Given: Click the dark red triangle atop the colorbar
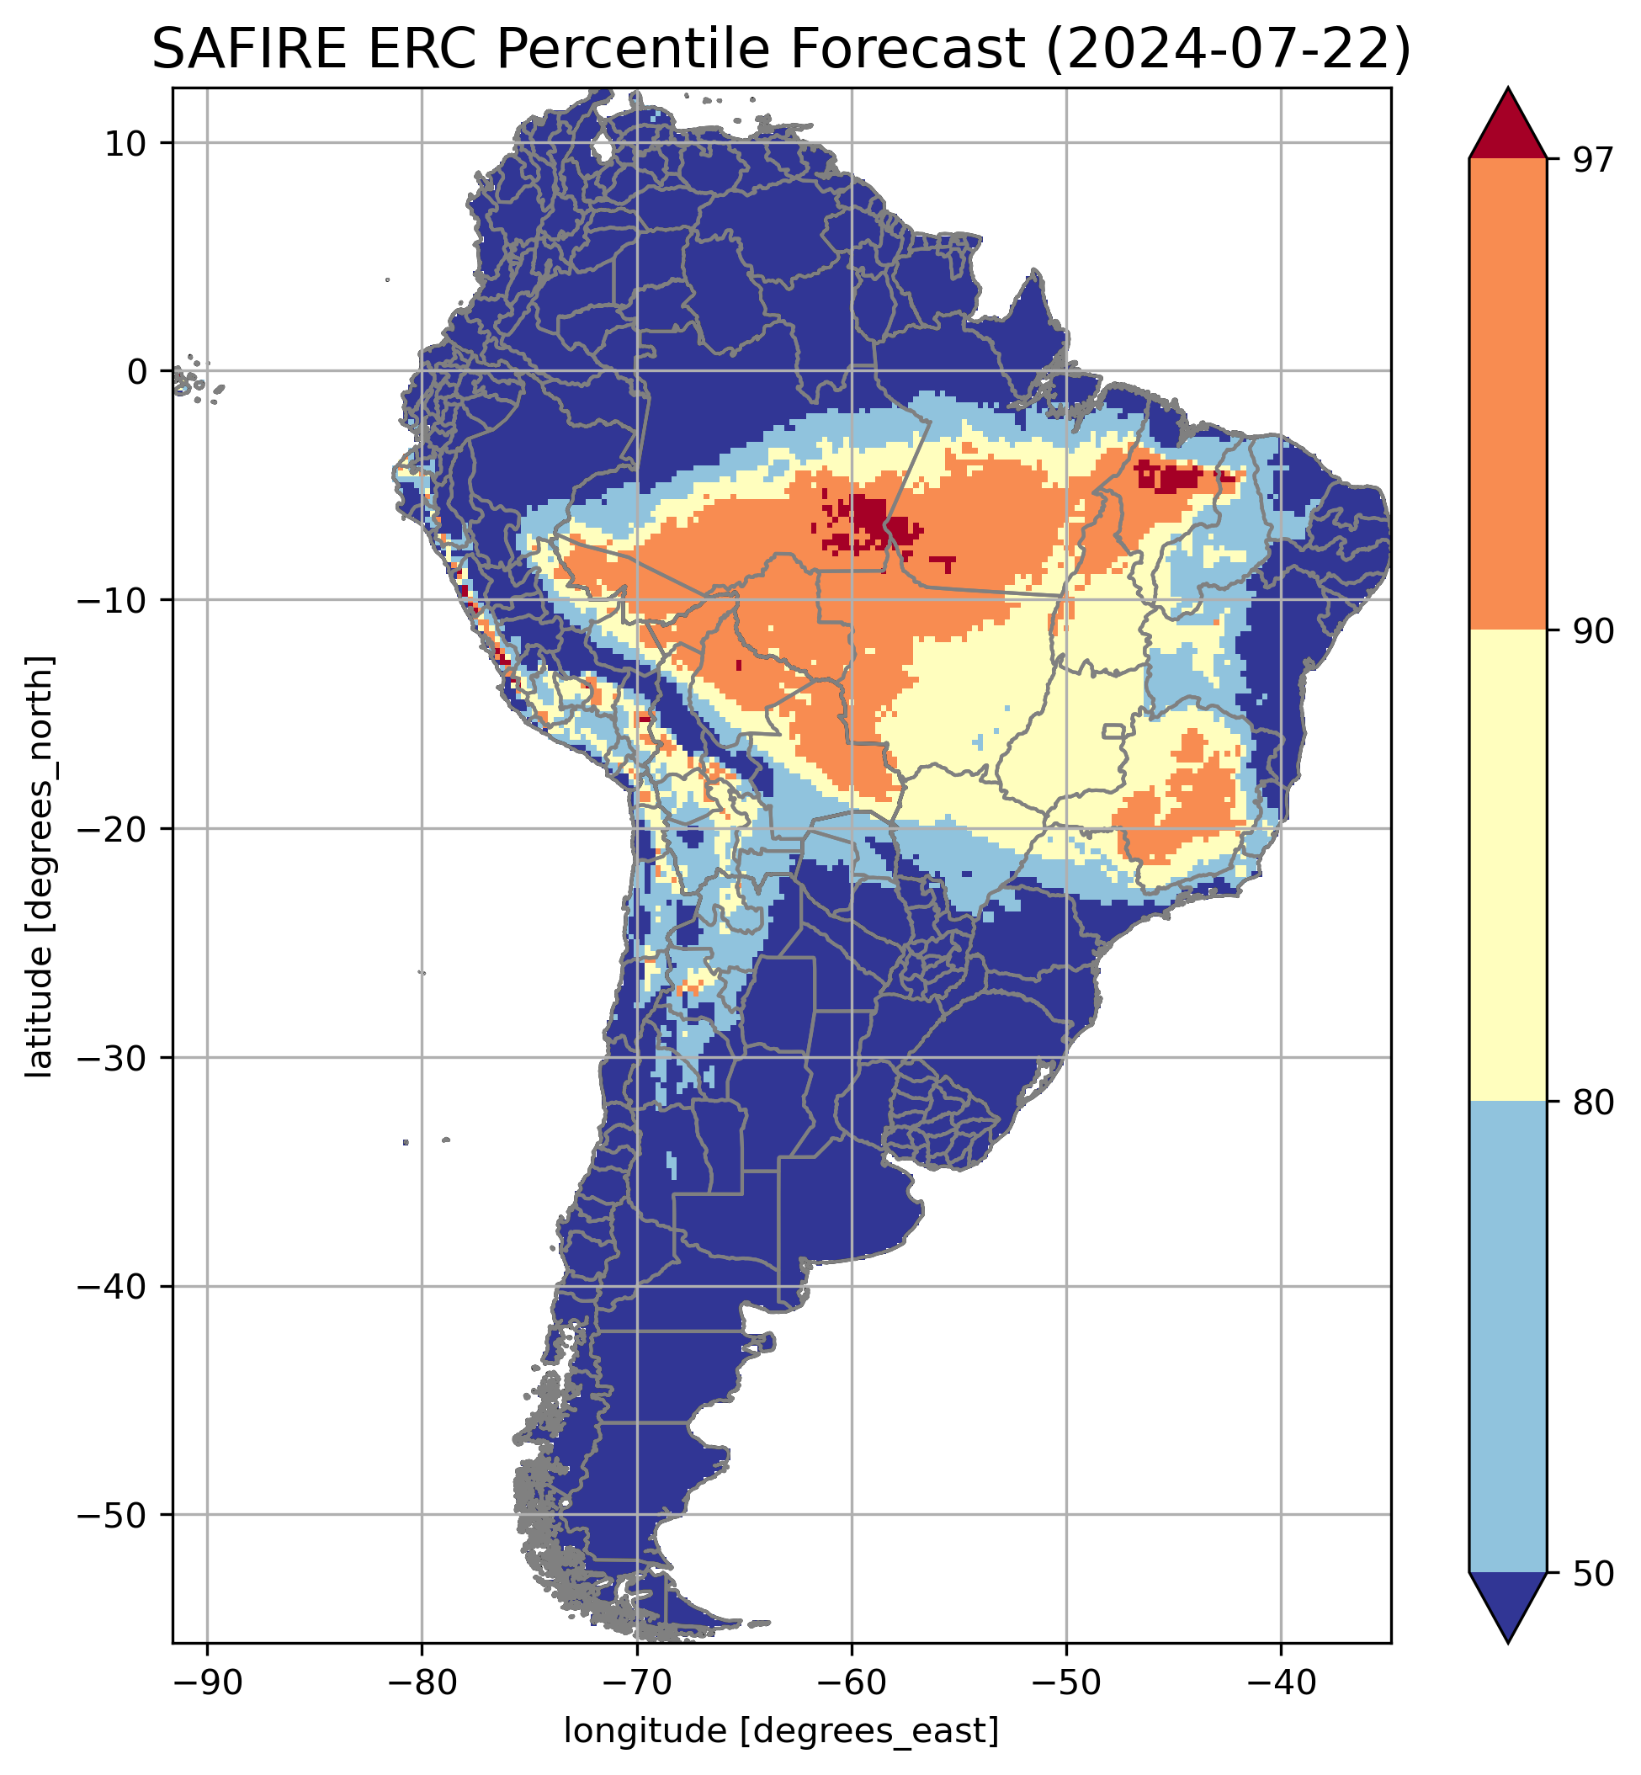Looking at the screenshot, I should tap(1508, 130).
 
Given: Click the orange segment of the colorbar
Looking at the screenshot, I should tap(1508, 395).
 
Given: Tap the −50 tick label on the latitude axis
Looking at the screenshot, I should tap(114, 1516).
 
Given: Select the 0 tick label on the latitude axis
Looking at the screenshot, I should tap(136, 372).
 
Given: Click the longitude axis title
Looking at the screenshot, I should tap(782, 1730).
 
